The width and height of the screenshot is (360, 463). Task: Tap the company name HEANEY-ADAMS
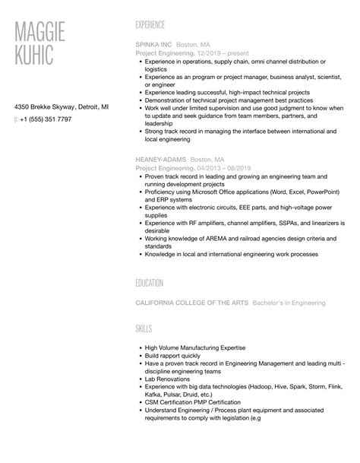(x=160, y=158)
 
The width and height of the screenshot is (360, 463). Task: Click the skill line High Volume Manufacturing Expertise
(x=197, y=347)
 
